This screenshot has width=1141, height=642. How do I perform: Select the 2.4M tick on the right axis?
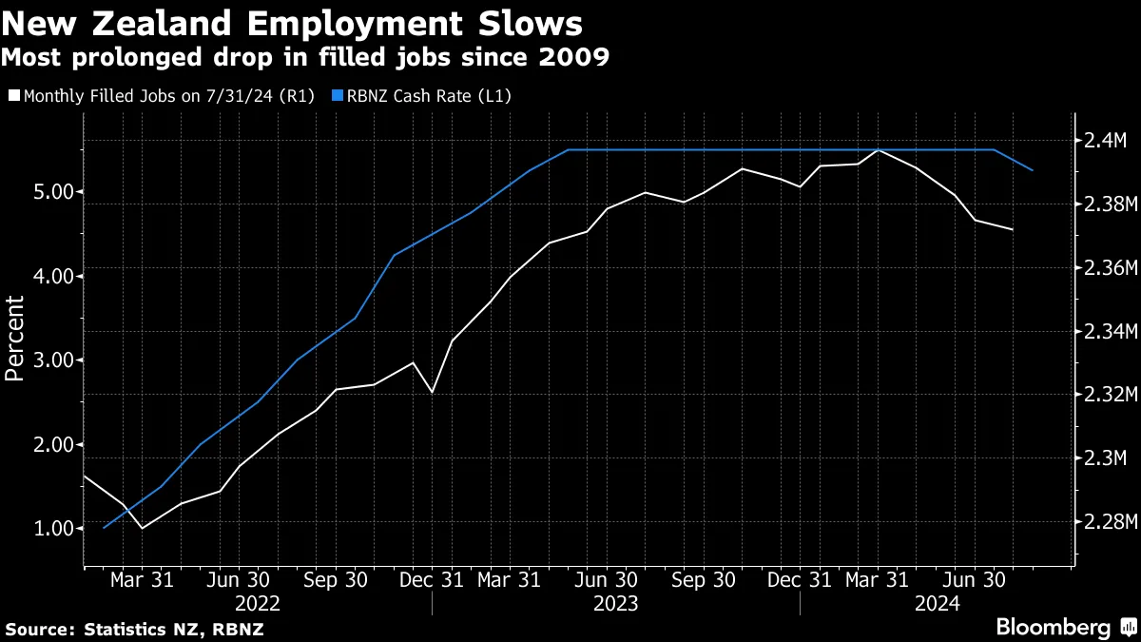pyautogui.click(x=1103, y=141)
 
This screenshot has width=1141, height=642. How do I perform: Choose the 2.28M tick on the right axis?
pyautogui.click(x=1103, y=522)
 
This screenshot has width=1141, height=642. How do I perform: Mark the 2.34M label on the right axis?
pyautogui.click(x=1103, y=332)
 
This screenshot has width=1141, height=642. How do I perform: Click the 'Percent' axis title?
pyautogui.click(x=15, y=338)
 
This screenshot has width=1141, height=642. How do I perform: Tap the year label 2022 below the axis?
pyautogui.click(x=258, y=603)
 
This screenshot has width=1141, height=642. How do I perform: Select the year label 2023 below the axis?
pyautogui.click(x=615, y=603)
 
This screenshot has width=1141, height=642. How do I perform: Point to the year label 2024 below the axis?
pyautogui.click(x=936, y=603)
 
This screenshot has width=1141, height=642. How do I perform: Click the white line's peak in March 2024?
pyautogui.click(x=879, y=150)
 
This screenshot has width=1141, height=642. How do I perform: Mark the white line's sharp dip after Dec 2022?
pyautogui.click(x=433, y=392)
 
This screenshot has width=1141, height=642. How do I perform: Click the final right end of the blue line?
pyautogui.click(x=1033, y=170)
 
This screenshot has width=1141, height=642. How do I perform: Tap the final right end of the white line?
pyautogui.click(x=1013, y=229)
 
